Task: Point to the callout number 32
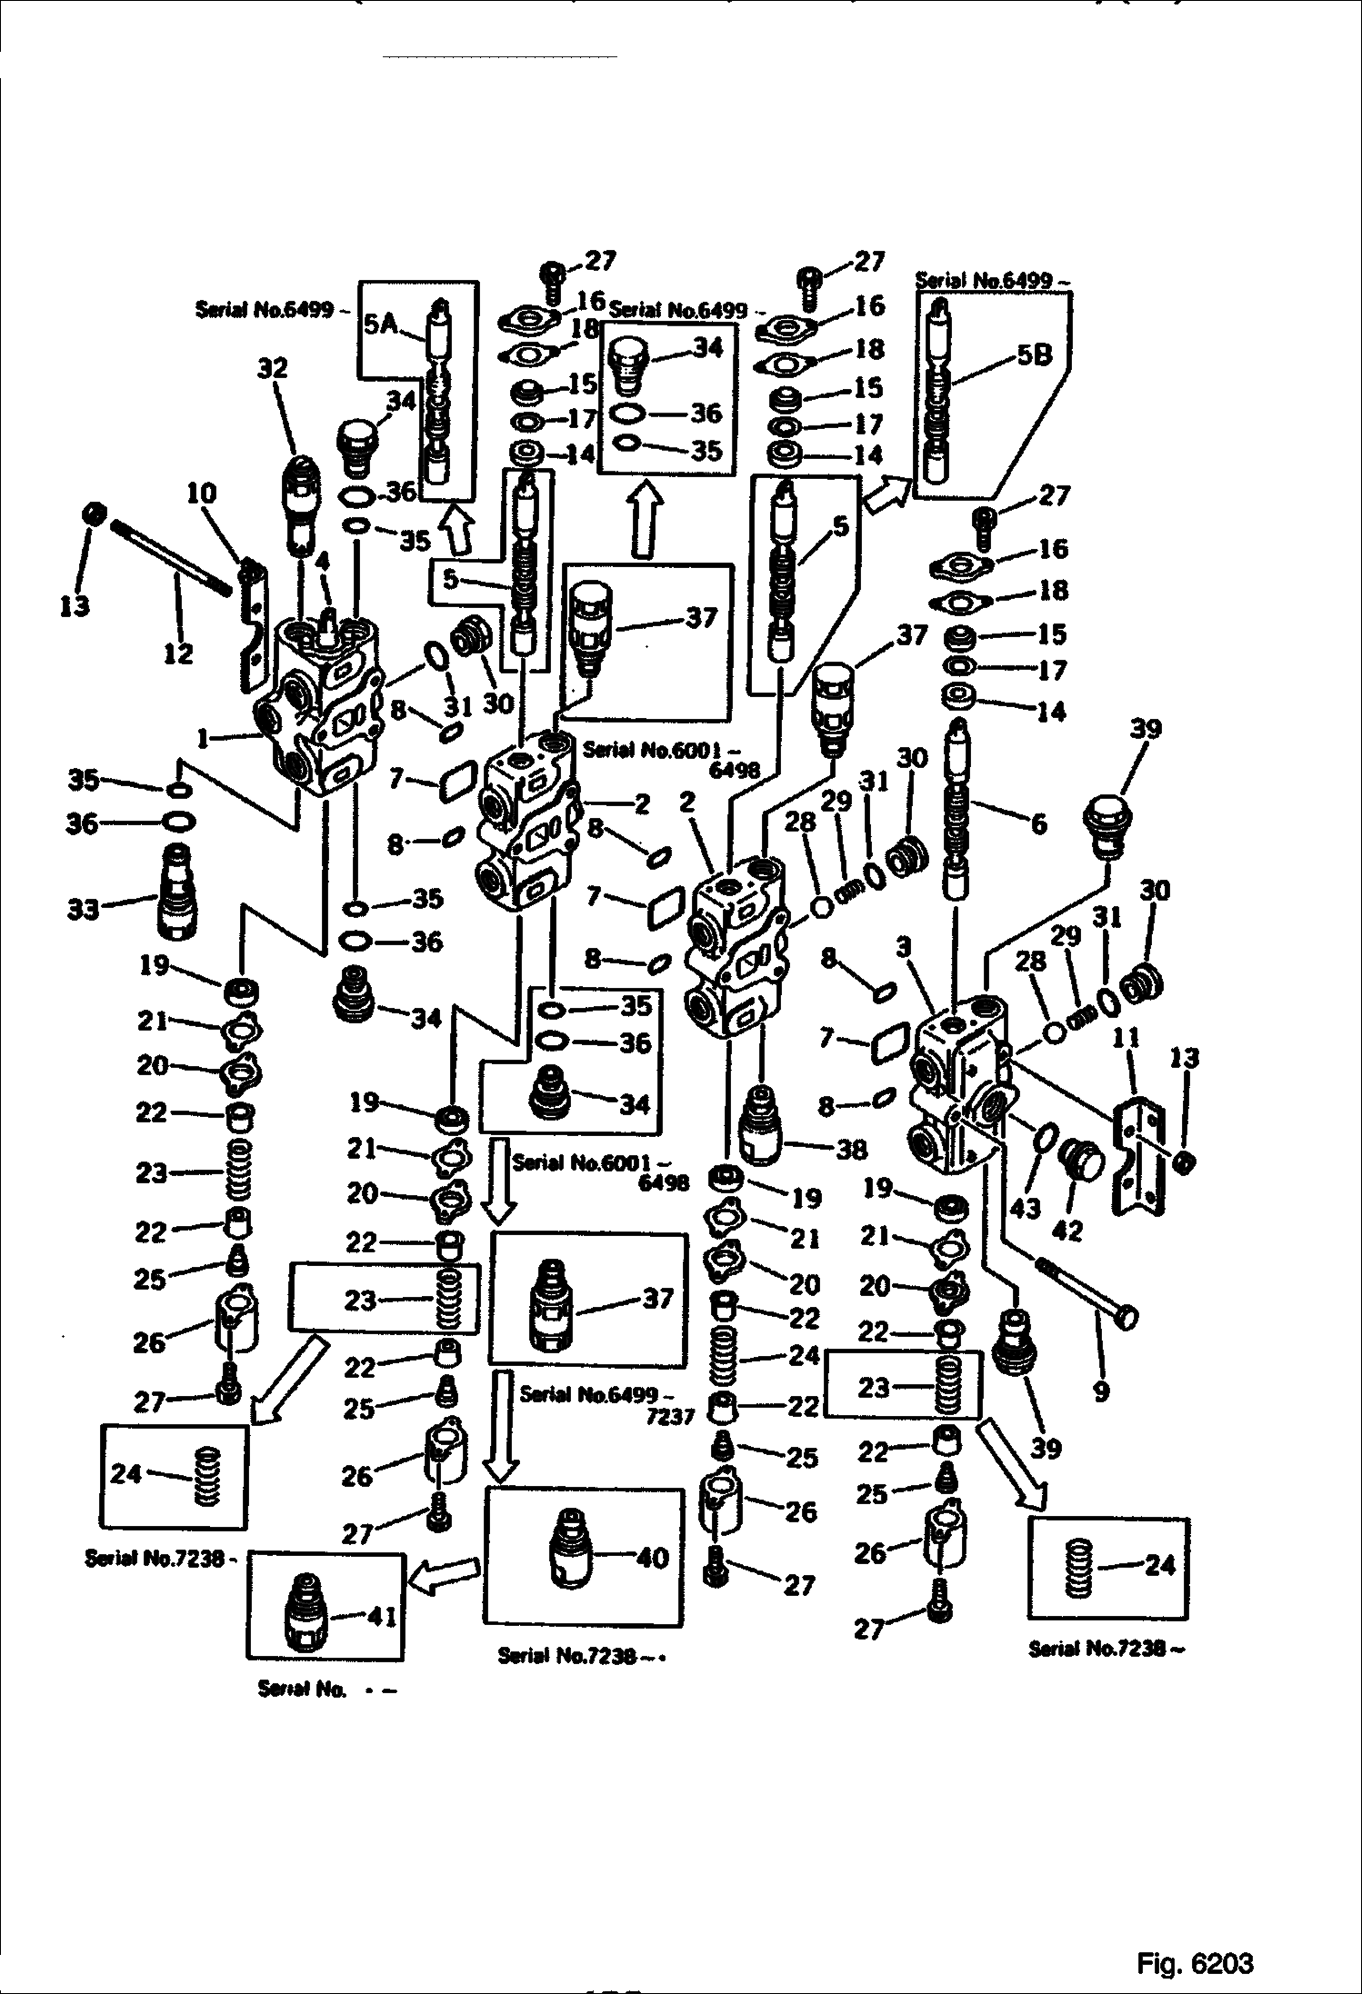(272, 368)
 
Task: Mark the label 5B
(1034, 354)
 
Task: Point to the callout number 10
(202, 494)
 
